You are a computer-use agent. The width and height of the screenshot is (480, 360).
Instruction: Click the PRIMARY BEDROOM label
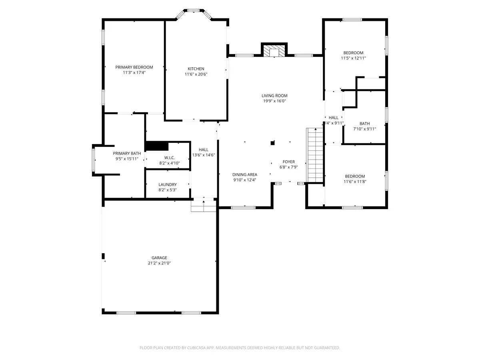[134, 67]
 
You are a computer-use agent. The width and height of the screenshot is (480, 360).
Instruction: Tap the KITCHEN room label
[196, 69]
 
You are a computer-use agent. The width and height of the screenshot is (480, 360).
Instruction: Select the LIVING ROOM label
[274, 96]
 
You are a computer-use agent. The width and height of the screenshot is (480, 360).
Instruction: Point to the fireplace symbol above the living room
[274, 51]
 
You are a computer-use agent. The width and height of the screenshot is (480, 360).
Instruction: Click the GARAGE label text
[159, 258]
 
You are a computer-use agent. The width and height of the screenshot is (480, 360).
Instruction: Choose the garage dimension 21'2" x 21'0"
[159, 263]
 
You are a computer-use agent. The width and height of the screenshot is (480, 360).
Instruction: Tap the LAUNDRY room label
[168, 184]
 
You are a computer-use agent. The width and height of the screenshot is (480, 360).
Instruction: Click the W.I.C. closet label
[170, 158]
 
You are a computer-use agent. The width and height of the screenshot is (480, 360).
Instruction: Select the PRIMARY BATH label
[127, 153]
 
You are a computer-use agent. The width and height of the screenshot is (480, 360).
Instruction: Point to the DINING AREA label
[245, 174]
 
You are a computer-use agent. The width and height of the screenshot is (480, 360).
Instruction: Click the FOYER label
[289, 162]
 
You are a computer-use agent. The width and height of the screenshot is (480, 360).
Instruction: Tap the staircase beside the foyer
[315, 155]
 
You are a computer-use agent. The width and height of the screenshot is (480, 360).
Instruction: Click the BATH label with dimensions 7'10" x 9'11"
[364, 124]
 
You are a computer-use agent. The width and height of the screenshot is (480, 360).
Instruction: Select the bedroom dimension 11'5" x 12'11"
[353, 58]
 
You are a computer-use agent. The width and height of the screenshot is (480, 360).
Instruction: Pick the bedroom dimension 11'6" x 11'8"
[355, 182]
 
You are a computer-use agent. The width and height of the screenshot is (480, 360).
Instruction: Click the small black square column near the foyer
[272, 143]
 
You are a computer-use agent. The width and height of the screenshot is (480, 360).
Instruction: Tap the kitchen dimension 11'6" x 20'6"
[196, 74]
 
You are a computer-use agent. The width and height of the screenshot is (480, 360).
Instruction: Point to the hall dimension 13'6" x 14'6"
[203, 155]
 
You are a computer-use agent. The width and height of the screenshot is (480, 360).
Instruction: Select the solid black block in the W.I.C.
[157, 146]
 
